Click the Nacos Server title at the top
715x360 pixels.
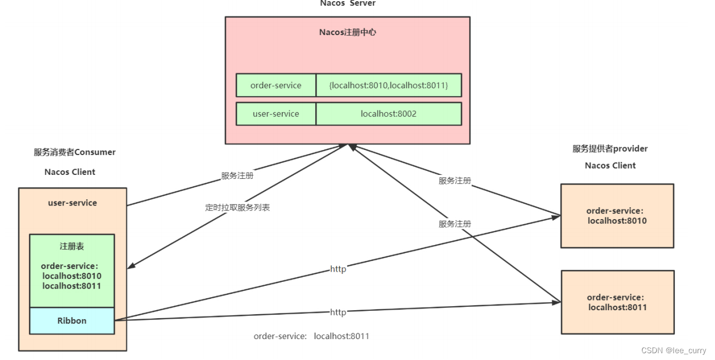[x=348, y=3]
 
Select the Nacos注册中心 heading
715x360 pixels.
[x=348, y=32]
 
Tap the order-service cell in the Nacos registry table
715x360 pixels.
[x=276, y=85]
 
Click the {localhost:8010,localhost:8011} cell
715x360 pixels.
[x=388, y=85]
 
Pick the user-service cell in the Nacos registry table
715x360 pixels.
[x=276, y=114]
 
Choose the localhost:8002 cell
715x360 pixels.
[x=388, y=114]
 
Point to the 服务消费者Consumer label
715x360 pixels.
[x=75, y=152]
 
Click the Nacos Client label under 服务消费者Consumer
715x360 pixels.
[x=70, y=172]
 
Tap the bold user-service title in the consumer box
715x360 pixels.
[x=72, y=203]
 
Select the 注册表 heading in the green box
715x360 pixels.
[x=72, y=247]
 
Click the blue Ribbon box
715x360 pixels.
[x=72, y=320]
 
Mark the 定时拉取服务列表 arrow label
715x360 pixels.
[x=237, y=208]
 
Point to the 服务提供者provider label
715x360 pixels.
[x=610, y=149]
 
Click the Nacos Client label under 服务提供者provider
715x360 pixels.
[x=610, y=165]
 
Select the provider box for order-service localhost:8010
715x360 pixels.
[x=617, y=216]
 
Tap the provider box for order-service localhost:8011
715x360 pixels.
[x=617, y=302]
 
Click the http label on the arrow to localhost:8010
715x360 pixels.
[x=338, y=269]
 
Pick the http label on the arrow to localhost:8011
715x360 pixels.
[x=338, y=312]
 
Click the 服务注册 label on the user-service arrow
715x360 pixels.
[x=237, y=176]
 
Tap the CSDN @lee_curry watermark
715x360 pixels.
[x=674, y=350]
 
